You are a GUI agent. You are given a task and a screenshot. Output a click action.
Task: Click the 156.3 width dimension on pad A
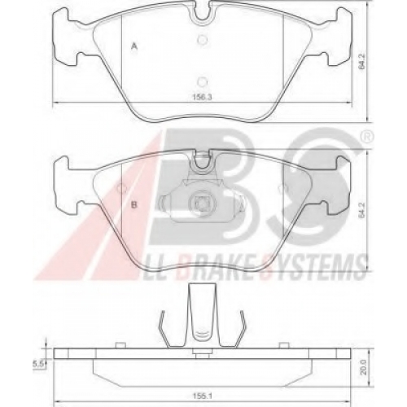202,97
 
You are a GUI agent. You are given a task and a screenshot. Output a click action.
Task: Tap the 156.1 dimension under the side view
202,396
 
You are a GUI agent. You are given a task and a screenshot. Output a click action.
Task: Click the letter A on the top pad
133,47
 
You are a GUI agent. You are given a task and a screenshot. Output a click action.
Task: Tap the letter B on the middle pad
134,204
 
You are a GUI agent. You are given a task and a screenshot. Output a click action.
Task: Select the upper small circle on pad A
202,40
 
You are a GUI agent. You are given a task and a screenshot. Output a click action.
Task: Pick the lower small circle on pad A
202,81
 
